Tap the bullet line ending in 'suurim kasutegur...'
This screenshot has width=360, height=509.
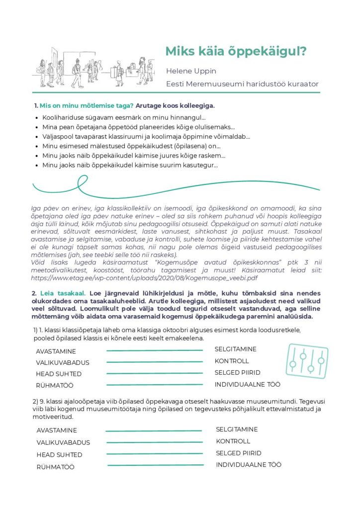pos(130,165)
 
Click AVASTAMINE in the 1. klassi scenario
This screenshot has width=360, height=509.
pos(56,351)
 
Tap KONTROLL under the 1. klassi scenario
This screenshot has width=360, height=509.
pos(232,361)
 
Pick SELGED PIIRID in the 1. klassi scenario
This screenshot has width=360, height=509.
pos(237,372)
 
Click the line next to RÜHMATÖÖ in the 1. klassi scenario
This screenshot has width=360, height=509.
pos(155,385)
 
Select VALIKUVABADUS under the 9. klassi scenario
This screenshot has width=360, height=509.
pos(63,442)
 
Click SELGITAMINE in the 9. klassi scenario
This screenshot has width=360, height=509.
pos(237,429)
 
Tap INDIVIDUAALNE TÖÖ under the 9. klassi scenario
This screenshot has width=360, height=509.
pos(249,465)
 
